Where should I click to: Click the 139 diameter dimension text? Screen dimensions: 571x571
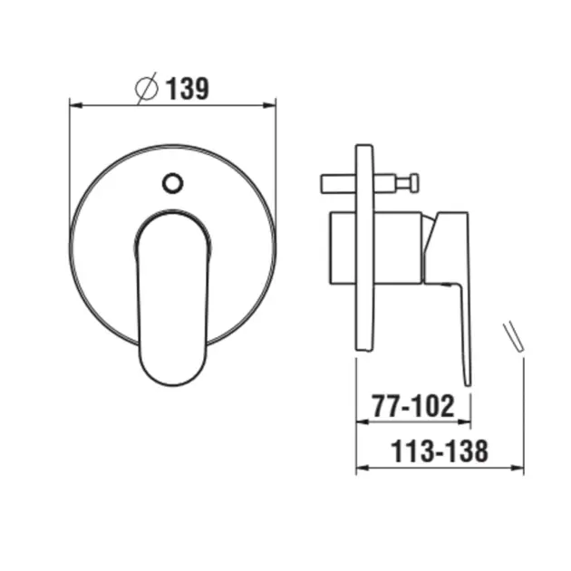pyautogui.click(x=188, y=89)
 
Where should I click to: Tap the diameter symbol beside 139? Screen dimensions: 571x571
pyautogui.click(x=147, y=89)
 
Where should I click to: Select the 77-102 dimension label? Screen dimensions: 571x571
pyautogui.click(x=413, y=406)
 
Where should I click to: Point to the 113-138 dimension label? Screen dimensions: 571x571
pyautogui.click(x=440, y=451)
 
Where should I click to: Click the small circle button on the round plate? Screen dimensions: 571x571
pyautogui.click(x=172, y=183)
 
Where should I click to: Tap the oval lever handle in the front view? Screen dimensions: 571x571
pyautogui.click(x=172, y=297)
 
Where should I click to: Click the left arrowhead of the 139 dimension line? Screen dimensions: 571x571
pyautogui.click(x=75, y=105)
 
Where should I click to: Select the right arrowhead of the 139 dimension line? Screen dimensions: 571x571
pyautogui.click(x=270, y=105)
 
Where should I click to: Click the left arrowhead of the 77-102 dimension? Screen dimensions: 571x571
pyautogui.click(x=362, y=421)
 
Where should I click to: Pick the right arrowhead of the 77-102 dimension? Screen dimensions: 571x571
pyautogui.click(x=464, y=421)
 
